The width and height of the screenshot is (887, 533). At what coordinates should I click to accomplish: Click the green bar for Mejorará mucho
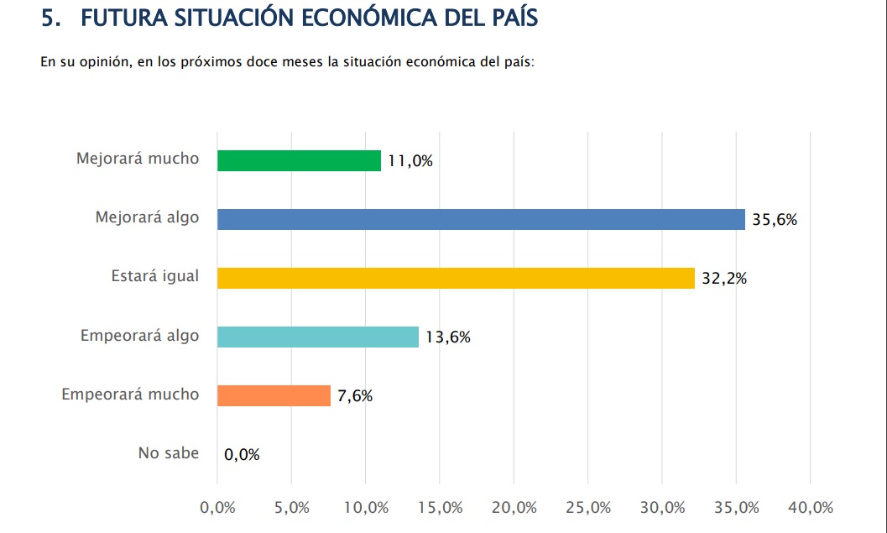point(299,160)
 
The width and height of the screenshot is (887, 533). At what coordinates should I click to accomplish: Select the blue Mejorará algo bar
point(481,219)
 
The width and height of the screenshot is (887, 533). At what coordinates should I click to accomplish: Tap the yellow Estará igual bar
point(456,278)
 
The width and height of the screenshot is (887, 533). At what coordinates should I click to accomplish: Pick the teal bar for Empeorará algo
point(317,337)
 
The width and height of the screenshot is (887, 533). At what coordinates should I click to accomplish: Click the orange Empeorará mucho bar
point(274,395)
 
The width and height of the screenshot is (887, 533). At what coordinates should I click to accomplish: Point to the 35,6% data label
point(774,220)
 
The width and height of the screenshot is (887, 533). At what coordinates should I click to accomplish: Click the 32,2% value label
point(723,279)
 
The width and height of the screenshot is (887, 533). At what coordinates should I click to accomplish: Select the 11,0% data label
point(410,161)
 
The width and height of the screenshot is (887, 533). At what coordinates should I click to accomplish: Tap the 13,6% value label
point(447,337)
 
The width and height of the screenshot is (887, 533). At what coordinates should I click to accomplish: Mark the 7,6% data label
point(355,396)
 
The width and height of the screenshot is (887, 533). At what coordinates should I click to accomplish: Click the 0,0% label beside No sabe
point(242,455)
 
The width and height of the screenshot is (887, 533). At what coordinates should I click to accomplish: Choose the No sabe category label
point(169,453)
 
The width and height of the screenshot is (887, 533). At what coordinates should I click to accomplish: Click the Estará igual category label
point(155,276)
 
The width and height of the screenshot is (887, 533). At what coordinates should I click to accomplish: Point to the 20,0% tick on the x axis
point(514,508)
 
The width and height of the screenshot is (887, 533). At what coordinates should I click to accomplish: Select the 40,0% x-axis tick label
point(810,508)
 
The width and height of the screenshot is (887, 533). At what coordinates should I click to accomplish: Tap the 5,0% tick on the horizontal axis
point(291,508)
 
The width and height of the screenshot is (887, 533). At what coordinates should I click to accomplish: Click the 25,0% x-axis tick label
point(587,508)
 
